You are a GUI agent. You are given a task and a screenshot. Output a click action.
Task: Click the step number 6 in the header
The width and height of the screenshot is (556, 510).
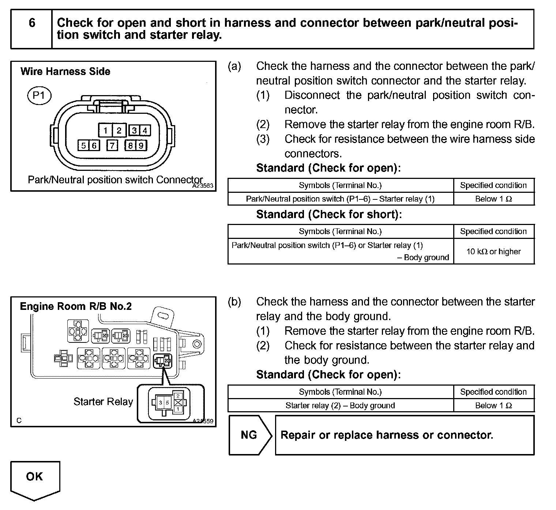[x=32, y=23]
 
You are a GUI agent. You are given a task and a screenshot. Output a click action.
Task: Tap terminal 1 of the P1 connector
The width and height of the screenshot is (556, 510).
[x=105, y=130]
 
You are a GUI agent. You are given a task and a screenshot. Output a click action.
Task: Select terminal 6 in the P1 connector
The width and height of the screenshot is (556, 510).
[x=94, y=146]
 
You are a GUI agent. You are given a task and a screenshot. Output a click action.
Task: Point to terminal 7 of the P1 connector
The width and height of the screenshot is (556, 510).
[x=112, y=146]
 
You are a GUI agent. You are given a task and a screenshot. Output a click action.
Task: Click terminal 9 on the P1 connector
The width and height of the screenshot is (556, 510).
[x=141, y=146]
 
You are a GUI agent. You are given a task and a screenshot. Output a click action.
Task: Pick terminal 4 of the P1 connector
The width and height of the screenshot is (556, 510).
[x=144, y=130]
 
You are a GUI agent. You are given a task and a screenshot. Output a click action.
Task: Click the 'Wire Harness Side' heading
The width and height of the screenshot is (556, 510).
[x=65, y=71]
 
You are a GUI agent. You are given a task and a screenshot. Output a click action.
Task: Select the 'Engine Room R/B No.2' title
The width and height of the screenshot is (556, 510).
[x=76, y=306]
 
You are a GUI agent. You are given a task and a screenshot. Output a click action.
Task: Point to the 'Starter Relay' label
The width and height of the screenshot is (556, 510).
[x=103, y=402]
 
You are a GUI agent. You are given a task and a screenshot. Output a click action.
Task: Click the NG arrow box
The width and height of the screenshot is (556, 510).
[x=249, y=435]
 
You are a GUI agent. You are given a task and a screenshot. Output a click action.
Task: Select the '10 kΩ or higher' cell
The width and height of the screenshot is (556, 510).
[x=493, y=251]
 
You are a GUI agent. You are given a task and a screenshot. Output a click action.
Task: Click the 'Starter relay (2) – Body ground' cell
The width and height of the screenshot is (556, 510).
[x=340, y=405]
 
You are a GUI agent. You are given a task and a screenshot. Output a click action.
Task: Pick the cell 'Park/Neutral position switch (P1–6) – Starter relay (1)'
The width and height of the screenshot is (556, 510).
[x=340, y=199]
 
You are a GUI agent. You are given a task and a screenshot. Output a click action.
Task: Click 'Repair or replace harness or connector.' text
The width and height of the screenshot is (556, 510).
[x=387, y=435]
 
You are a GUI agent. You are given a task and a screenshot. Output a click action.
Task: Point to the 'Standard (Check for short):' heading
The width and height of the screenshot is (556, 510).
[x=329, y=214]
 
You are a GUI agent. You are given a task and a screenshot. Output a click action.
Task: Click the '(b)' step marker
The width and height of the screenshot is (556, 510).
[x=234, y=302]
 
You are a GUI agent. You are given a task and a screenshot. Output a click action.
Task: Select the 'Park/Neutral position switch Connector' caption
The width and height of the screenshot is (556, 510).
[x=115, y=180]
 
